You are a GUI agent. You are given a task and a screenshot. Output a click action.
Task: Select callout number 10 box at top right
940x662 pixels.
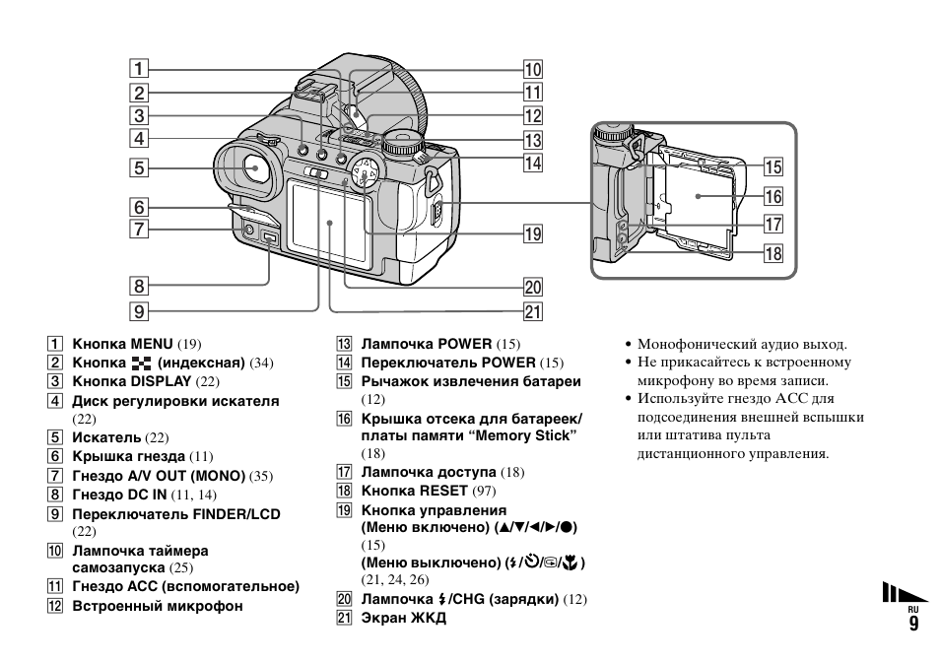point(533,69)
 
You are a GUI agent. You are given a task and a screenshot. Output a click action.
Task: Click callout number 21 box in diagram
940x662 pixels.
point(533,312)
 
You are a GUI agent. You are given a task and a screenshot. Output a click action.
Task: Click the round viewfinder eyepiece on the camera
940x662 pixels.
point(254,168)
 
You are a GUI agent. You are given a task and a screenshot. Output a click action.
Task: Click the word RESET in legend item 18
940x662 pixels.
point(443,490)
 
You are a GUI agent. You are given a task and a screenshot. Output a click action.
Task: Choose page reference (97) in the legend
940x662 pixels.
point(484,490)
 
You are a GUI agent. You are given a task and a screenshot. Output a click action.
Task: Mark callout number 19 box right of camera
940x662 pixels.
point(533,233)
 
